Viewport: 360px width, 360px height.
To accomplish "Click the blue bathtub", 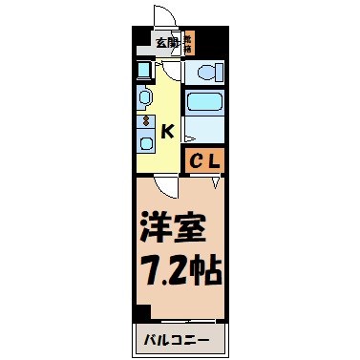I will point(203,103).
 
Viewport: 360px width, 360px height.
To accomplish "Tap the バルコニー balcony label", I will point(178,338).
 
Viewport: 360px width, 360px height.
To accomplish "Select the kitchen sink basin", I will point(145,95).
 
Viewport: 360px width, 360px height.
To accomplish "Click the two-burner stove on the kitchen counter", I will point(145,120).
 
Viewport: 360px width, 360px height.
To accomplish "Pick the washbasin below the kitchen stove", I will point(145,142).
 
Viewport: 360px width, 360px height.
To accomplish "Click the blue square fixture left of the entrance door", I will point(143,69).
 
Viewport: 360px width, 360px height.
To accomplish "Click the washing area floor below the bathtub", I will point(203,128).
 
